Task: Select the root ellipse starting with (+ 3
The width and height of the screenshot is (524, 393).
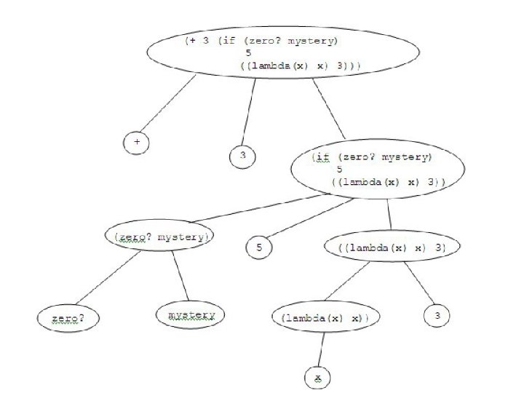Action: point(285,55)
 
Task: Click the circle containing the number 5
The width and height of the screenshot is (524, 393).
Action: point(259,248)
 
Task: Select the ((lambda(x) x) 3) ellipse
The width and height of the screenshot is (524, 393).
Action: point(392,247)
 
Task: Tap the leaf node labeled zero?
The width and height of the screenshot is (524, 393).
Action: point(68,318)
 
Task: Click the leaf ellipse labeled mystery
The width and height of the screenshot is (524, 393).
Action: point(191,315)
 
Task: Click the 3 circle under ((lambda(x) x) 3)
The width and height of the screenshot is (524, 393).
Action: point(437,316)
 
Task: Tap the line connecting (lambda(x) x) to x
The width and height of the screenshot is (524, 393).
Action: point(318,352)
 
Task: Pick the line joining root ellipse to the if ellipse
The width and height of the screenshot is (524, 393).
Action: point(329,108)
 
